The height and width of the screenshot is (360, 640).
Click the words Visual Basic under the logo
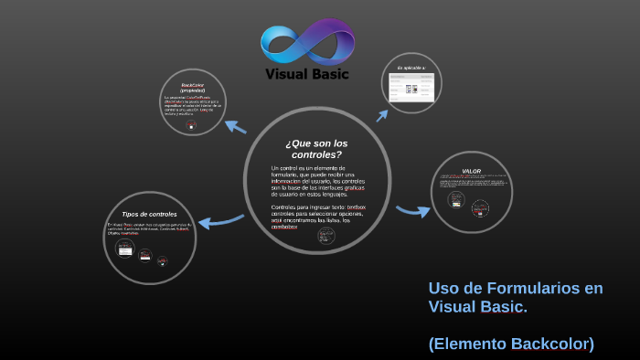(306, 74)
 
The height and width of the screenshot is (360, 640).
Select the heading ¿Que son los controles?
(315, 149)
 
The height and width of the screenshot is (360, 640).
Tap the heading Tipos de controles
(149, 214)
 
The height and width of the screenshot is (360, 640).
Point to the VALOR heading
(471, 171)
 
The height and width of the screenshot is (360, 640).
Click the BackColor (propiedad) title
(192, 88)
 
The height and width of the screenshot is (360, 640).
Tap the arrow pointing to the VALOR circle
(413, 211)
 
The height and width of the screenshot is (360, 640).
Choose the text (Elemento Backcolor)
(511, 344)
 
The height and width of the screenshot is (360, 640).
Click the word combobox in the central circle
(284, 227)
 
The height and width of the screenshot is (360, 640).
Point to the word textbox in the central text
(356, 207)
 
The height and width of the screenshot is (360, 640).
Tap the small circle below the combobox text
(325, 236)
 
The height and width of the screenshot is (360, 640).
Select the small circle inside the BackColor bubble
(191, 128)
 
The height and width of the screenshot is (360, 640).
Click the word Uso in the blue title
(443, 289)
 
